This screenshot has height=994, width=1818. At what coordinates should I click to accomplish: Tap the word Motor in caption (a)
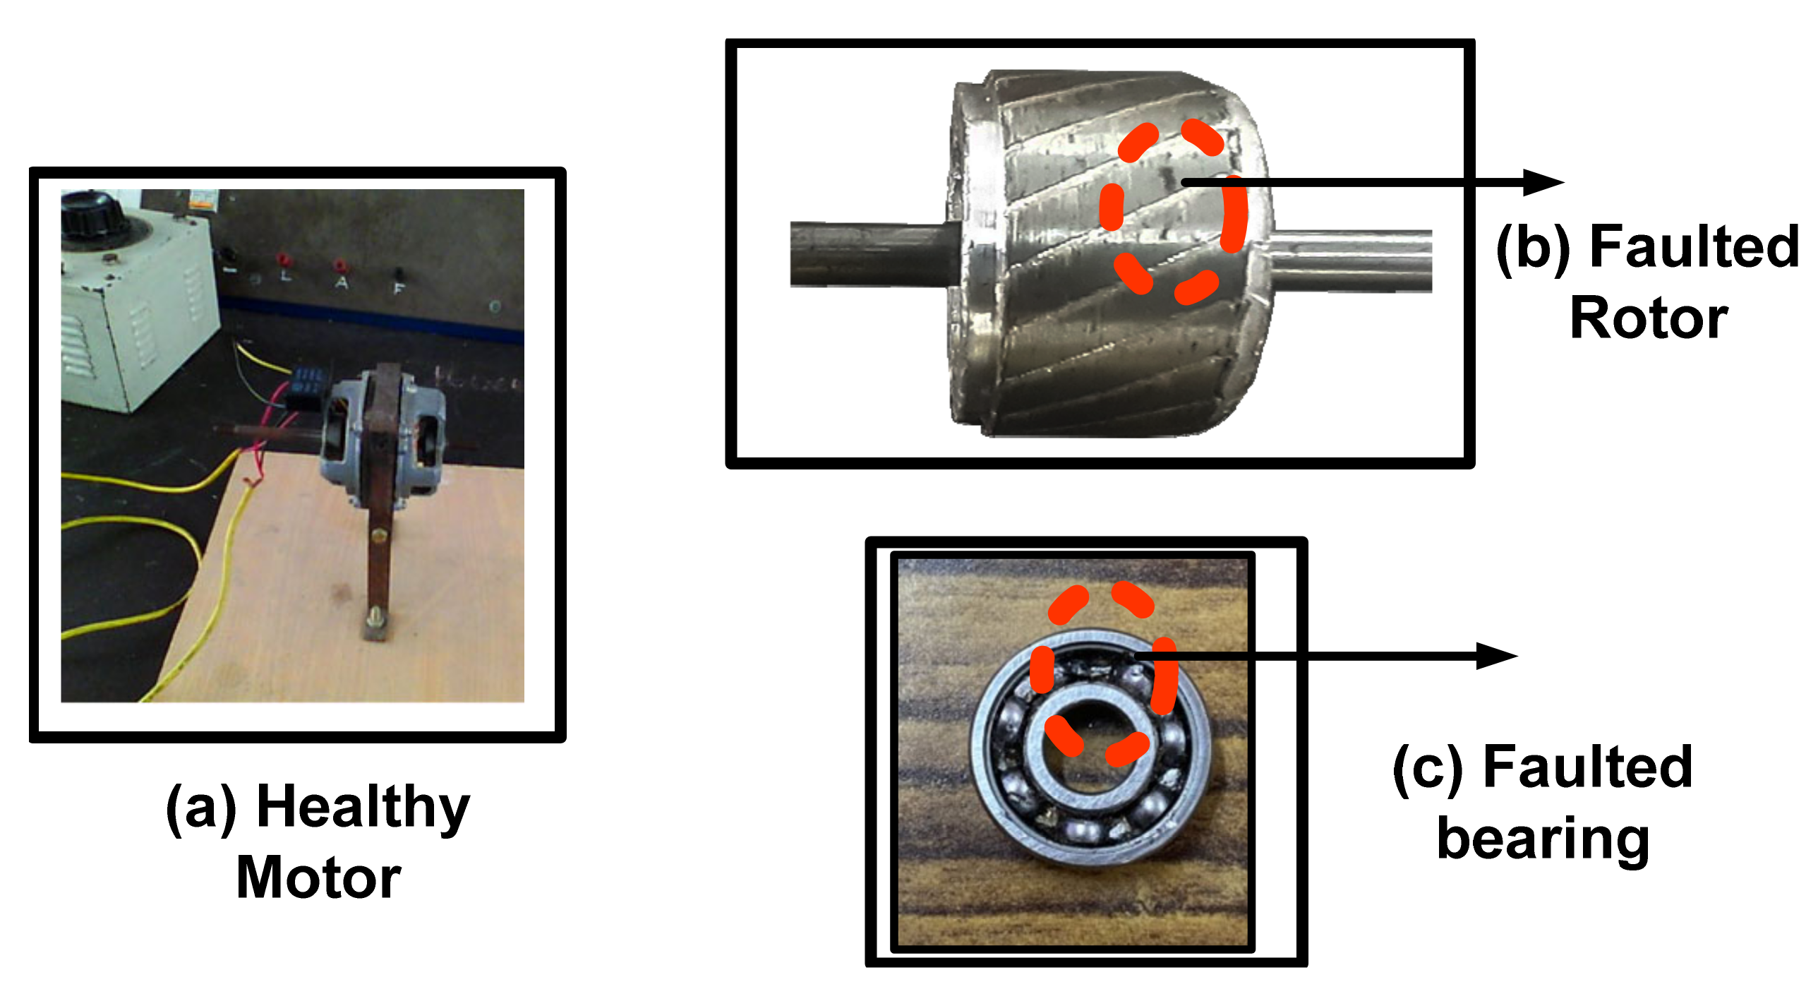(319, 878)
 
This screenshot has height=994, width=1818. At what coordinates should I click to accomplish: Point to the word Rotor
(1649, 318)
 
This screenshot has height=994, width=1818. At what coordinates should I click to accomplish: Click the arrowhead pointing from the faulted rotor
(1543, 182)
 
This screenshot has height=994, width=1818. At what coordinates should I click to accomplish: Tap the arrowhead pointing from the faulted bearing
(1497, 656)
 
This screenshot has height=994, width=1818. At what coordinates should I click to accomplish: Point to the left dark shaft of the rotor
(874, 254)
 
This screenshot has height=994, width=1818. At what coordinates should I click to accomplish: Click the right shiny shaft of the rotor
(1352, 261)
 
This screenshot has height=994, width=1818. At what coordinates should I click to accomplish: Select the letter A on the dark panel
(342, 282)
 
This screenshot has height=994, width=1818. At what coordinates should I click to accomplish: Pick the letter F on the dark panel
(399, 287)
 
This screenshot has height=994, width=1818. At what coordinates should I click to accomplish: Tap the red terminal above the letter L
(283, 259)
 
